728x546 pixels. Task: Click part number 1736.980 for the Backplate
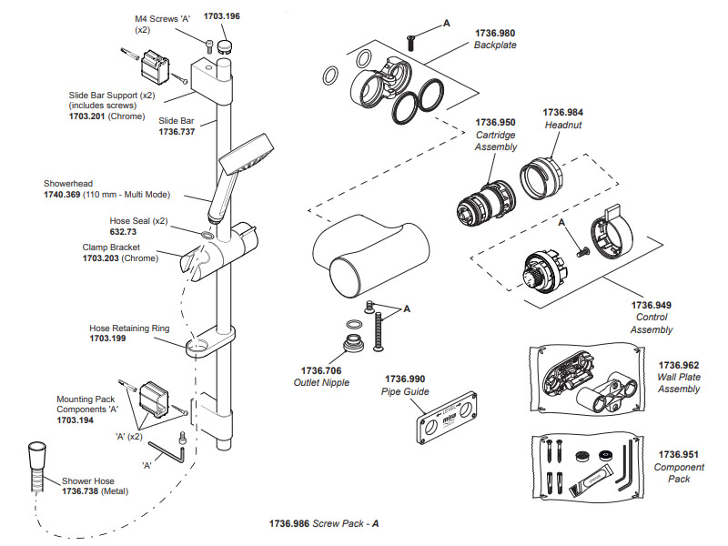click(x=495, y=33)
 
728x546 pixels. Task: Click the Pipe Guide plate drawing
click(x=446, y=417)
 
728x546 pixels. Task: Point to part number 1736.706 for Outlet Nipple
click(x=321, y=370)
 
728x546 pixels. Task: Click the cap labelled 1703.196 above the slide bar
click(x=225, y=47)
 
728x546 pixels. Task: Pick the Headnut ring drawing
click(x=541, y=178)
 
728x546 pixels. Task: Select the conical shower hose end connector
click(x=36, y=456)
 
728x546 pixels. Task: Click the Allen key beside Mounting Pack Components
click(x=167, y=452)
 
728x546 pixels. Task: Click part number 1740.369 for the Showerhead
click(x=62, y=195)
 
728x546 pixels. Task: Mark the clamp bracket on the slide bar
click(x=218, y=252)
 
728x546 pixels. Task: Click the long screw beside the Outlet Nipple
click(x=379, y=330)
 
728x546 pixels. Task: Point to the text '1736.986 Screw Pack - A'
click(x=324, y=524)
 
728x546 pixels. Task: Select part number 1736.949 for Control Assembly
click(x=651, y=305)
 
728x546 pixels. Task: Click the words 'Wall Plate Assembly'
click(x=679, y=383)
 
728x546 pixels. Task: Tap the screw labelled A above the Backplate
click(x=410, y=43)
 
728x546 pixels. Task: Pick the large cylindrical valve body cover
click(x=370, y=256)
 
